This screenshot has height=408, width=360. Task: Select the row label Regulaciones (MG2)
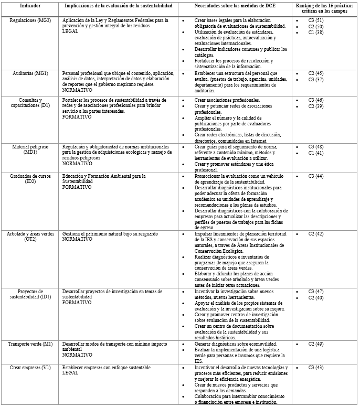coord(30,20)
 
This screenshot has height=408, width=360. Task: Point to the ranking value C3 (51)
coord(316,20)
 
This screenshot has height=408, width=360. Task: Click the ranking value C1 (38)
coord(316,32)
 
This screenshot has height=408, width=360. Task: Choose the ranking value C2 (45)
coord(316,73)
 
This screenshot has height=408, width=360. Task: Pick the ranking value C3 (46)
coord(316,100)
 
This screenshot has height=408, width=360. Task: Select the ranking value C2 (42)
coord(316,233)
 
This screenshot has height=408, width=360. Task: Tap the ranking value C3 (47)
coord(316,291)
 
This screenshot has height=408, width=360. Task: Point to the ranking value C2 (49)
coord(316,343)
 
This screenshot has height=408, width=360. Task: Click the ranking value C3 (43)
coord(316,368)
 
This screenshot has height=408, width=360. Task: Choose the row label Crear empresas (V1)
coord(30,368)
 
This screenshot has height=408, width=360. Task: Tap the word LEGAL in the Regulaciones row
coord(70,31)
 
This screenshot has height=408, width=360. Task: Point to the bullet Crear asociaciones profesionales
coord(227,100)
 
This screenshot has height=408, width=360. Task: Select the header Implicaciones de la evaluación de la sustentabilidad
coord(119,6)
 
